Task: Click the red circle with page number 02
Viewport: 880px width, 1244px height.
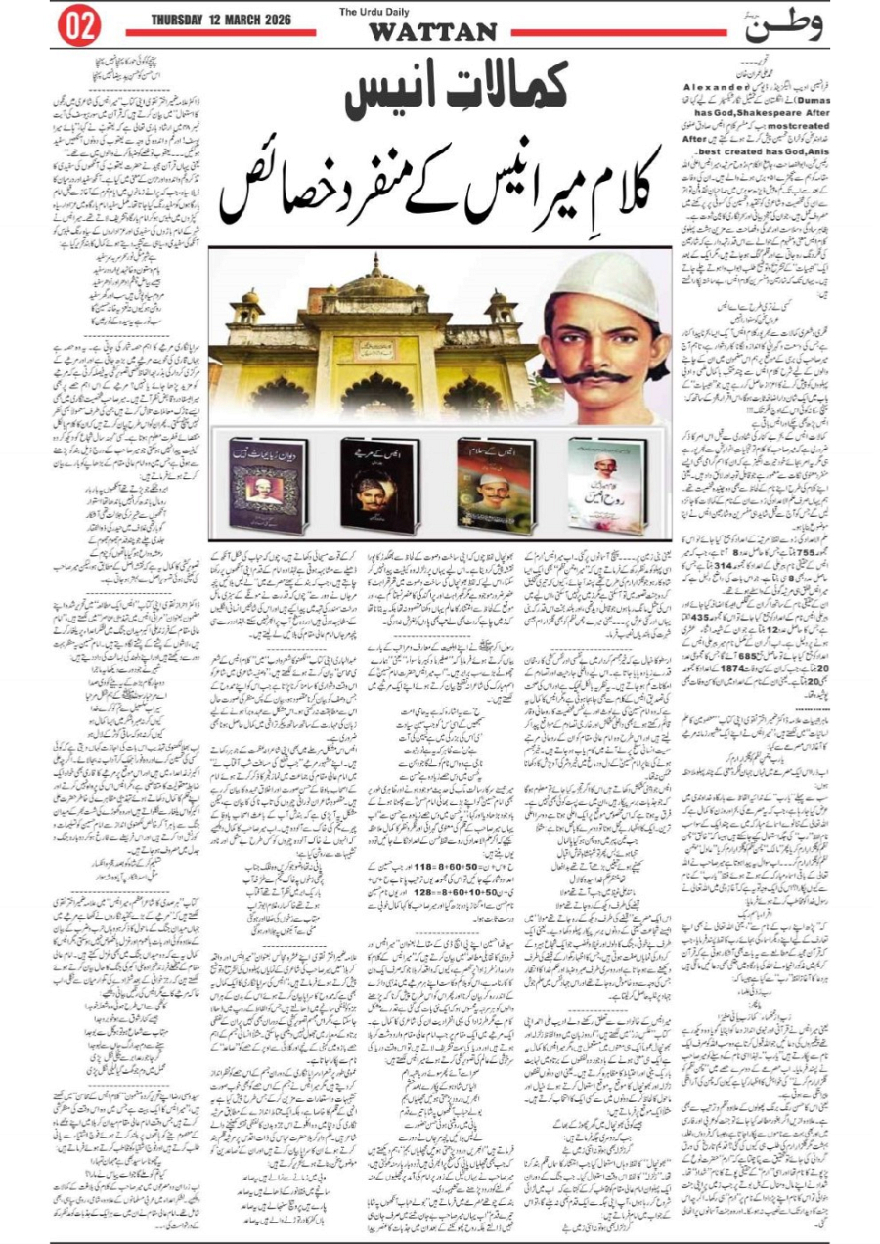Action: coord(81,26)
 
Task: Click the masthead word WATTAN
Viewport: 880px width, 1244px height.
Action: coord(432,32)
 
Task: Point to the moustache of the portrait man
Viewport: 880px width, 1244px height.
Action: coord(605,374)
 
